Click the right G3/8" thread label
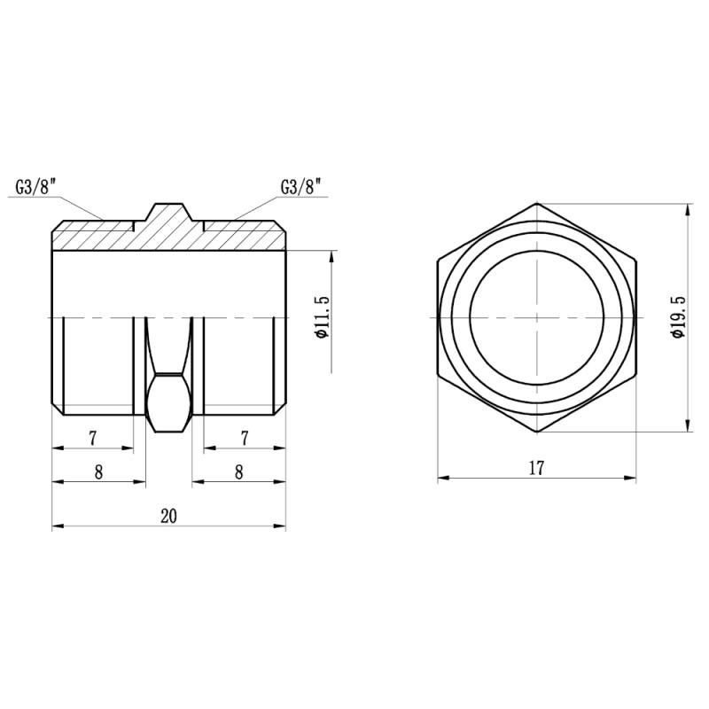tap(300, 186)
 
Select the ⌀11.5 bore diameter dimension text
tap(323, 317)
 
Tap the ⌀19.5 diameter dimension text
tap(678, 317)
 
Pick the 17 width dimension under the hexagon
tap(536, 468)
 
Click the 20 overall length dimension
tap(168, 516)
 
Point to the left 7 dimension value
tap(93, 438)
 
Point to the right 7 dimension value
tap(245, 438)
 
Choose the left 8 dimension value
tap(98, 472)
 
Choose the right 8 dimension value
tap(238, 472)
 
